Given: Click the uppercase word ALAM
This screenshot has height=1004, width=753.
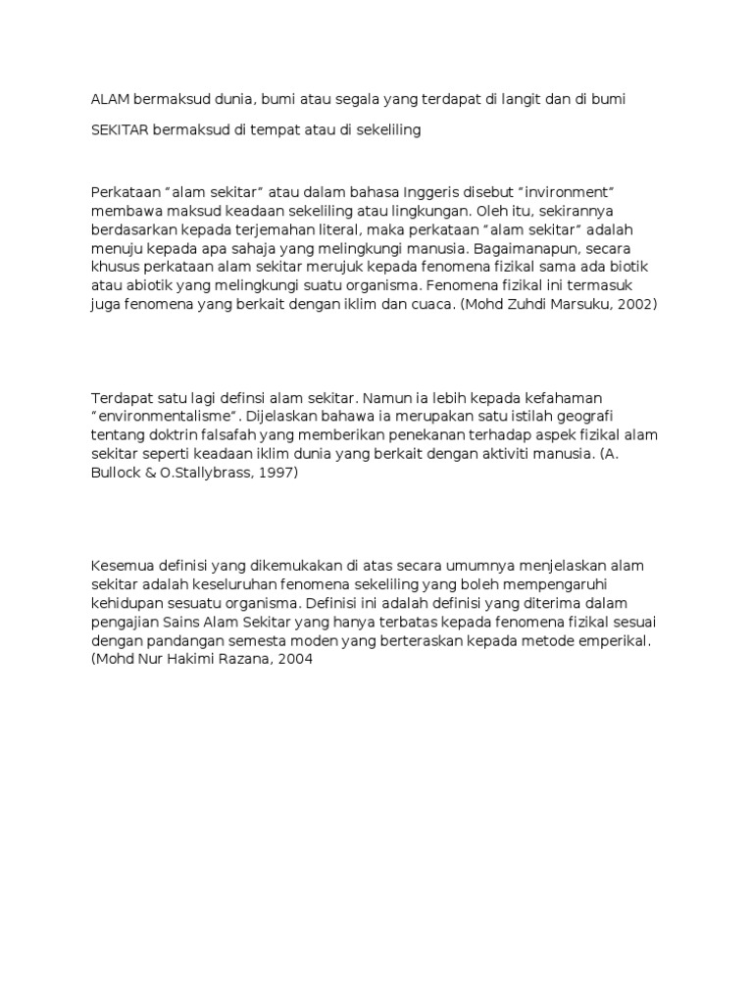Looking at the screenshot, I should (110, 99).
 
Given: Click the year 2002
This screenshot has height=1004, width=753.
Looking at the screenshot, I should (637, 305).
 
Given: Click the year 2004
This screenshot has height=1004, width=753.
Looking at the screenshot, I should (294, 660).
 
